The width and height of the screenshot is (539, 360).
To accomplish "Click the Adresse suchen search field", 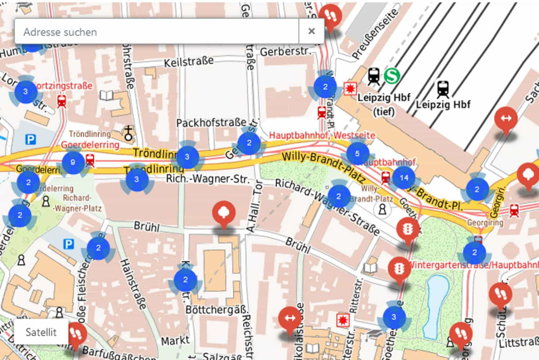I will point(156,32).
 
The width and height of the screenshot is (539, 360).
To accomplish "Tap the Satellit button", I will point(41,332).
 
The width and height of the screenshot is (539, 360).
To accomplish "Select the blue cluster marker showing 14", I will point(403,177).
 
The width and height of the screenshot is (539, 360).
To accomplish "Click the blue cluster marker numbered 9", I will point(74,162).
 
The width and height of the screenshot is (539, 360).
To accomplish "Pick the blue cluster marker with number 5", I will point(357,153).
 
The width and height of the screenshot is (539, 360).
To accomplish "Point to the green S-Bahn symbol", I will point(391,76).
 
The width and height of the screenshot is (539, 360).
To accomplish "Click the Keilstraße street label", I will point(189,62).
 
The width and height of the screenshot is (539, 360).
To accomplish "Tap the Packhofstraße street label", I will point(211,123).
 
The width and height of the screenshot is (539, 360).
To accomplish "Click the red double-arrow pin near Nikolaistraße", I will point(290,319).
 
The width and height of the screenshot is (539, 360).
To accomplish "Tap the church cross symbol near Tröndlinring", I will point(129,134).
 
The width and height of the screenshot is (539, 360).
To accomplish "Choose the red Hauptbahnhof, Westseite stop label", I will point(322,135).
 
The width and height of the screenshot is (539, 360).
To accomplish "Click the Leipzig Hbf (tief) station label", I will point(384,104).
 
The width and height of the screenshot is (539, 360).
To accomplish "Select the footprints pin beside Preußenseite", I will point(330,17).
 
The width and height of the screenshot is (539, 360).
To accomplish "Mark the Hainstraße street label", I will point(134,287).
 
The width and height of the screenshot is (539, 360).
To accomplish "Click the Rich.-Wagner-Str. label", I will point(208,179).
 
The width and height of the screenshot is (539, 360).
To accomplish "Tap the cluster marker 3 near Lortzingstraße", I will point(25,92).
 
